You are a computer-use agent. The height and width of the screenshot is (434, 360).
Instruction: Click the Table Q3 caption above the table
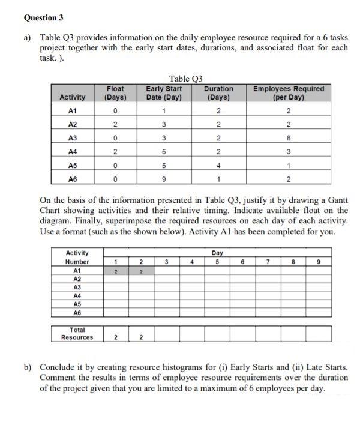(186, 79)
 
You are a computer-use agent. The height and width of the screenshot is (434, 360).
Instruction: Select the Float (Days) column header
(114, 93)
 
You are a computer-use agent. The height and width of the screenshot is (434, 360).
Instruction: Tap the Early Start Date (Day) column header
(164, 93)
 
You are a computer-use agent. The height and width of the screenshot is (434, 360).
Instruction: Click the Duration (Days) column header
(219, 93)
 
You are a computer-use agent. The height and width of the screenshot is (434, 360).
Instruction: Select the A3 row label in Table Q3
(73, 138)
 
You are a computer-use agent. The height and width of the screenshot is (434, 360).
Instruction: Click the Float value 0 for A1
(114, 110)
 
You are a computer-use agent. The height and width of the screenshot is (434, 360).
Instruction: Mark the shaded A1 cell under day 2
(140, 271)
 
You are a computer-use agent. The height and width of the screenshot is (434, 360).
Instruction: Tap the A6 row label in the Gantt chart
(76, 313)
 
